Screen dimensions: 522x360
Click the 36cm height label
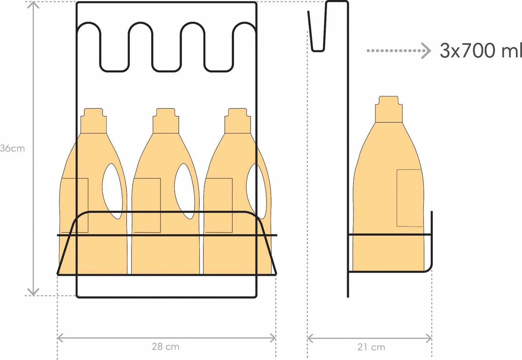(12, 148)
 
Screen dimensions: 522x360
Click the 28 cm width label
(166, 347)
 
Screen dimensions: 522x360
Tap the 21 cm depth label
(371, 348)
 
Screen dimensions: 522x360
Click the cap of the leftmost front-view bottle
(93, 121)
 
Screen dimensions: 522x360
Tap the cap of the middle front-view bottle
(166, 121)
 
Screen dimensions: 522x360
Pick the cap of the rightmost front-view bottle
(238, 121)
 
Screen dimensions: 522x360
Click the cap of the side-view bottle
(389, 109)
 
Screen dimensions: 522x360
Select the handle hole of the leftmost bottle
(112, 191)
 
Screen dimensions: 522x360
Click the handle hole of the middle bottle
(185, 191)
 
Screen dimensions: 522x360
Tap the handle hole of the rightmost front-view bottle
(256, 191)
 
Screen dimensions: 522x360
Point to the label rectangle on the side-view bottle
(410, 198)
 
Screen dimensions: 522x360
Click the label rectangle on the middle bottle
(147, 205)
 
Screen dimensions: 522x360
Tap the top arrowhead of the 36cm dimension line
(33, 5)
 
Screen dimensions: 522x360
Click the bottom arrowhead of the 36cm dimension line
(33, 292)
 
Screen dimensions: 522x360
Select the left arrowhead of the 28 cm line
(60, 338)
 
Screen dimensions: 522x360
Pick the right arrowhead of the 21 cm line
(429, 338)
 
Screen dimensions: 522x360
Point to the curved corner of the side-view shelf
(429, 268)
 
